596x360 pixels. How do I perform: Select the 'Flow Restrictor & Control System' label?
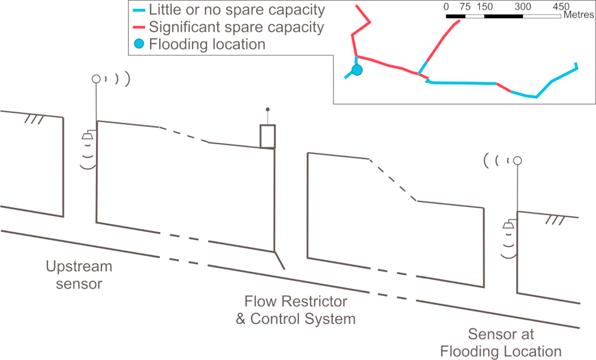(296, 310)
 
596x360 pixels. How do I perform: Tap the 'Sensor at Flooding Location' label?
(500, 343)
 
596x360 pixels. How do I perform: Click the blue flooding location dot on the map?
(357, 69)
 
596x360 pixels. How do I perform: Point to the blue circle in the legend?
(139, 44)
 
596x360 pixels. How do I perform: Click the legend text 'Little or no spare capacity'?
(236, 10)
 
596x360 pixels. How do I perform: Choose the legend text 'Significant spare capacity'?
(236, 27)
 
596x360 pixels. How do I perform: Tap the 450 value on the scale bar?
(561, 7)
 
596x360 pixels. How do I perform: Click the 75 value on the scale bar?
(466, 7)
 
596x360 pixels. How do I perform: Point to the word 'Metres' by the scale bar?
(578, 16)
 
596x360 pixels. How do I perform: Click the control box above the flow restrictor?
(267, 136)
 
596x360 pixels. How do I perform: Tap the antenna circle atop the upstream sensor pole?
(96, 79)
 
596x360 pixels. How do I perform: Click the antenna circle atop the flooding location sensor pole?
(518, 160)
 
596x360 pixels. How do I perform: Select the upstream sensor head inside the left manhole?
(86, 136)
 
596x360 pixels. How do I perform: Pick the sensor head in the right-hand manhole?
(508, 226)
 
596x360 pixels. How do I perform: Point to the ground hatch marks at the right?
(556, 221)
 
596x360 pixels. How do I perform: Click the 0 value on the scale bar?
(447, 7)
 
